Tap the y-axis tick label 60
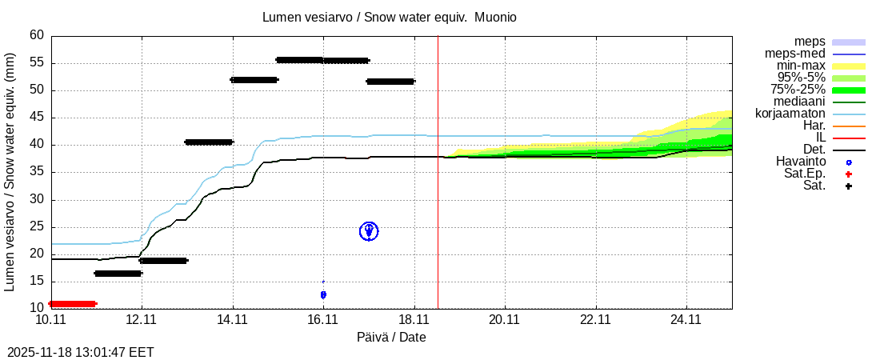[37, 35]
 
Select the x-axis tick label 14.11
[232, 319]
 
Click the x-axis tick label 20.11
[505, 319]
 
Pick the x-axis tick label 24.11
[686, 319]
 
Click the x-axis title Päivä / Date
[391, 337]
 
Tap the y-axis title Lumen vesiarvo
[11, 171]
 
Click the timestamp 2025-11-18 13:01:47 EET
[81, 352]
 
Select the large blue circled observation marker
[369, 231]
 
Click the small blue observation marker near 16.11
[323, 294]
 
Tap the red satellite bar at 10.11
[73, 304]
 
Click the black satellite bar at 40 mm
[209, 142]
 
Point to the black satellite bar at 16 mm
[118, 274]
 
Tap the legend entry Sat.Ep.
[804, 174]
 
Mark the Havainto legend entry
[800, 162]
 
